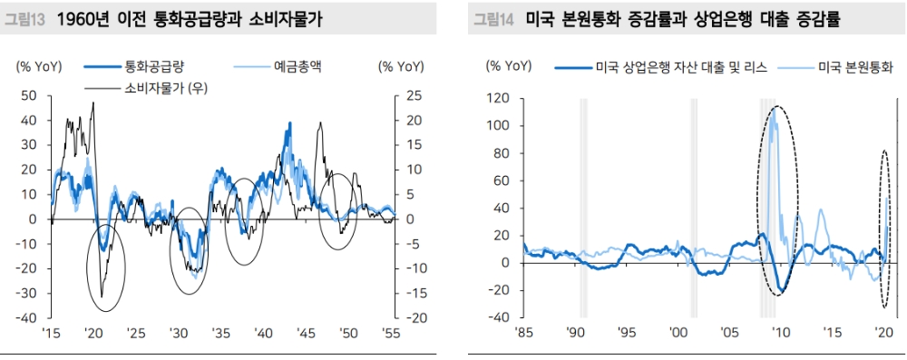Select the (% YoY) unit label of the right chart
(508, 65)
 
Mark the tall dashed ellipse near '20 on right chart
(885, 227)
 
